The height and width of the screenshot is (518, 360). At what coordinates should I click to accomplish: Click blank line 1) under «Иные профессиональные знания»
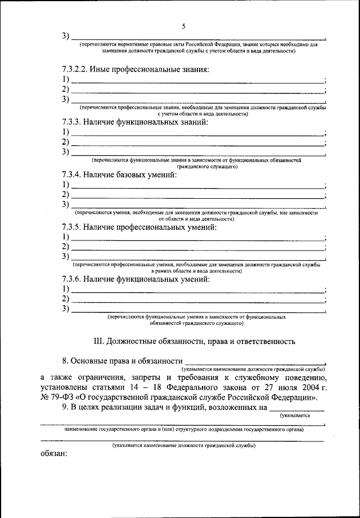[197, 81]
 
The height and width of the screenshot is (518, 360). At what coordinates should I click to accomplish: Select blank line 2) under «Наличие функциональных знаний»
[197, 143]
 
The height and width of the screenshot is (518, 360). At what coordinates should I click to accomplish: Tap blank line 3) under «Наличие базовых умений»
[197, 206]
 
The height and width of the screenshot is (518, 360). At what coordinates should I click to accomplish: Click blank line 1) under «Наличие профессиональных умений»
[197, 238]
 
